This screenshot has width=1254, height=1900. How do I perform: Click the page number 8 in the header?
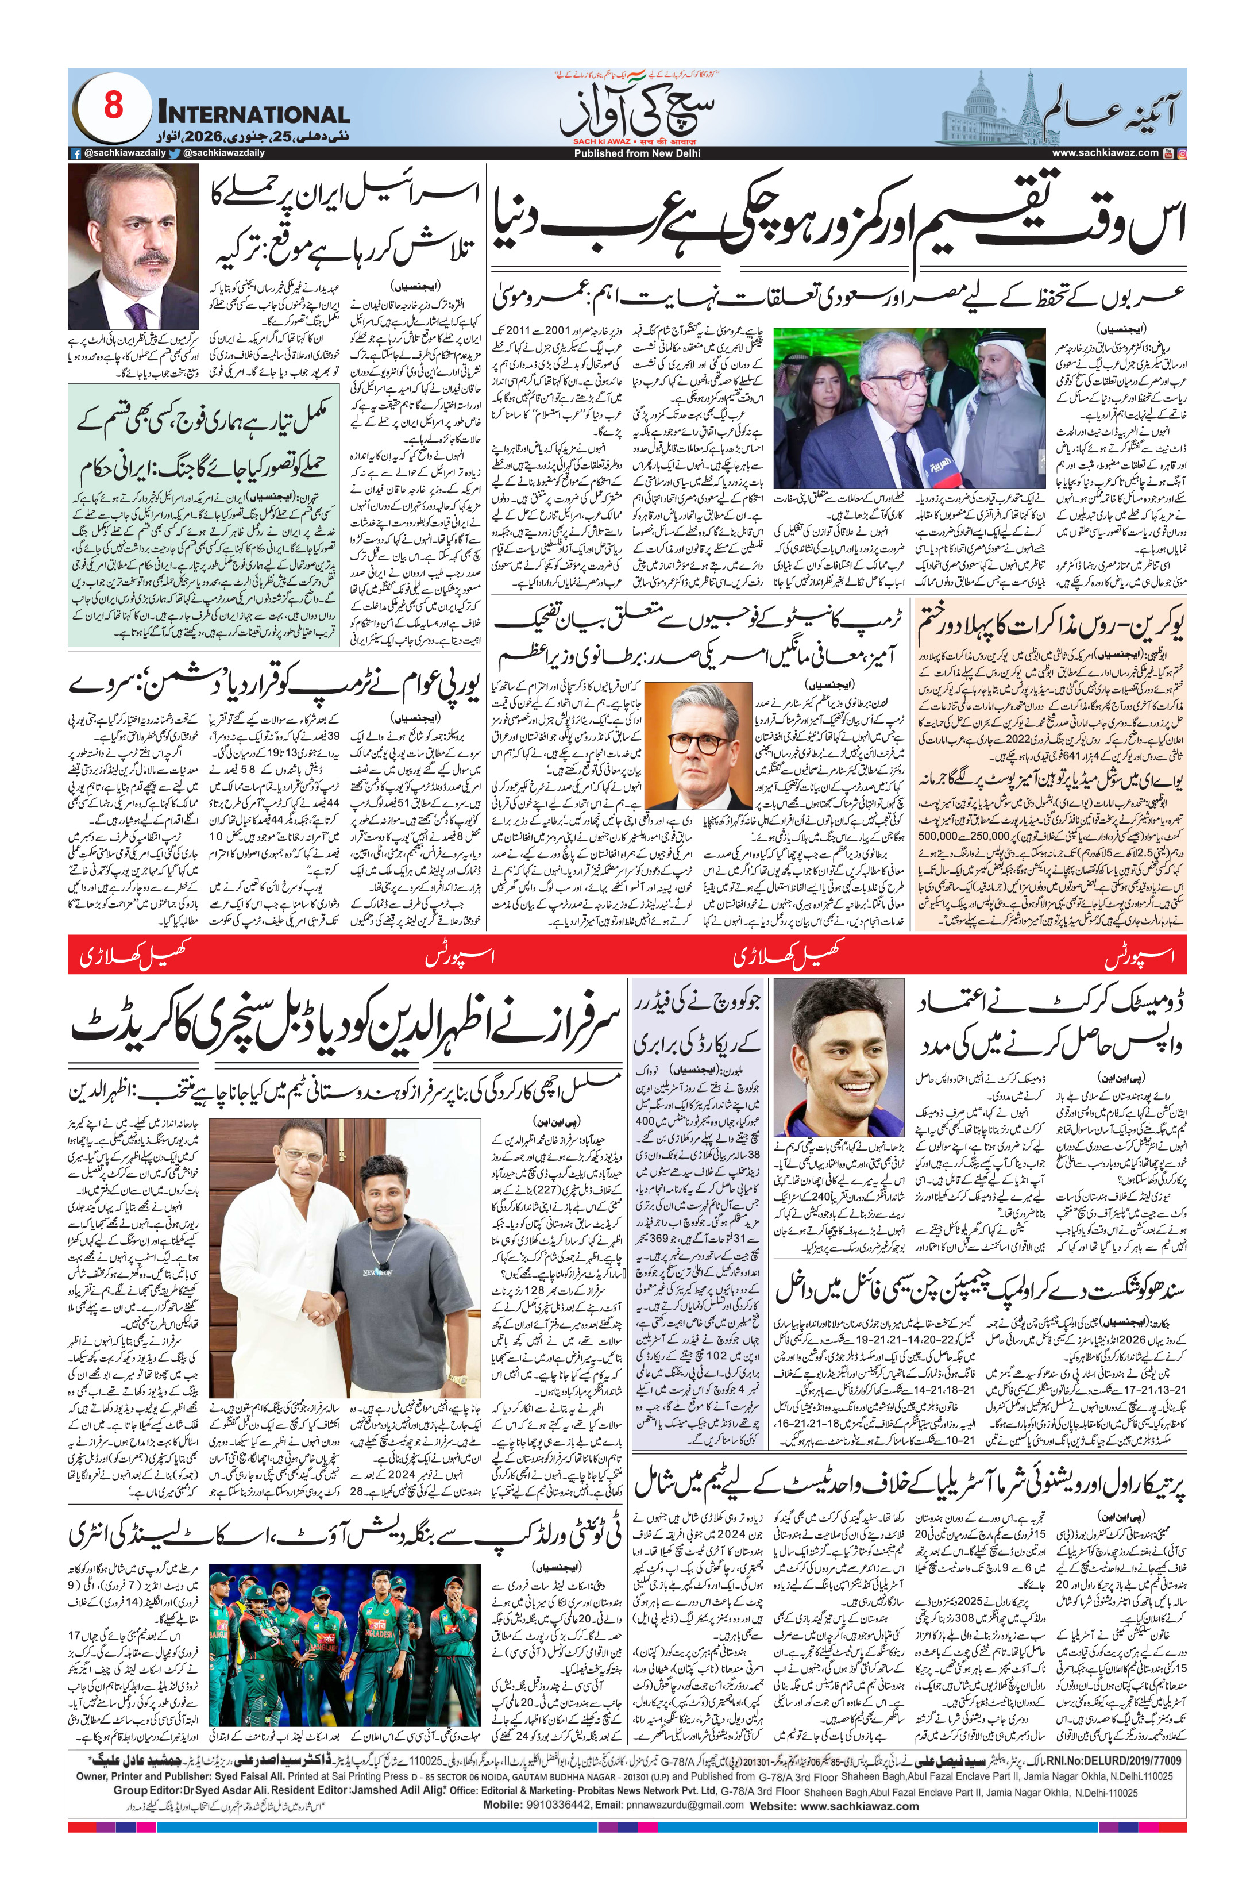tap(113, 106)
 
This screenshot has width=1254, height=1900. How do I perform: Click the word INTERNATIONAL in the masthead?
tap(254, 114)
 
